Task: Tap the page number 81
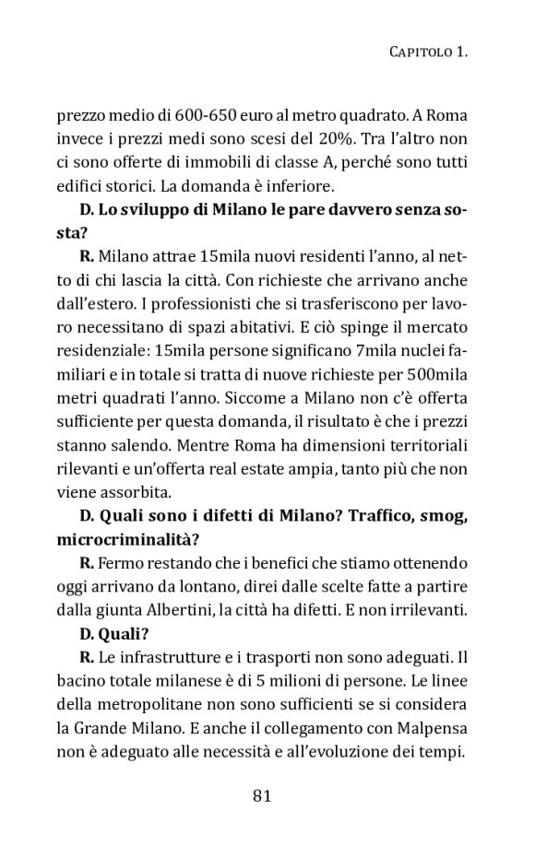[261, 795]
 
